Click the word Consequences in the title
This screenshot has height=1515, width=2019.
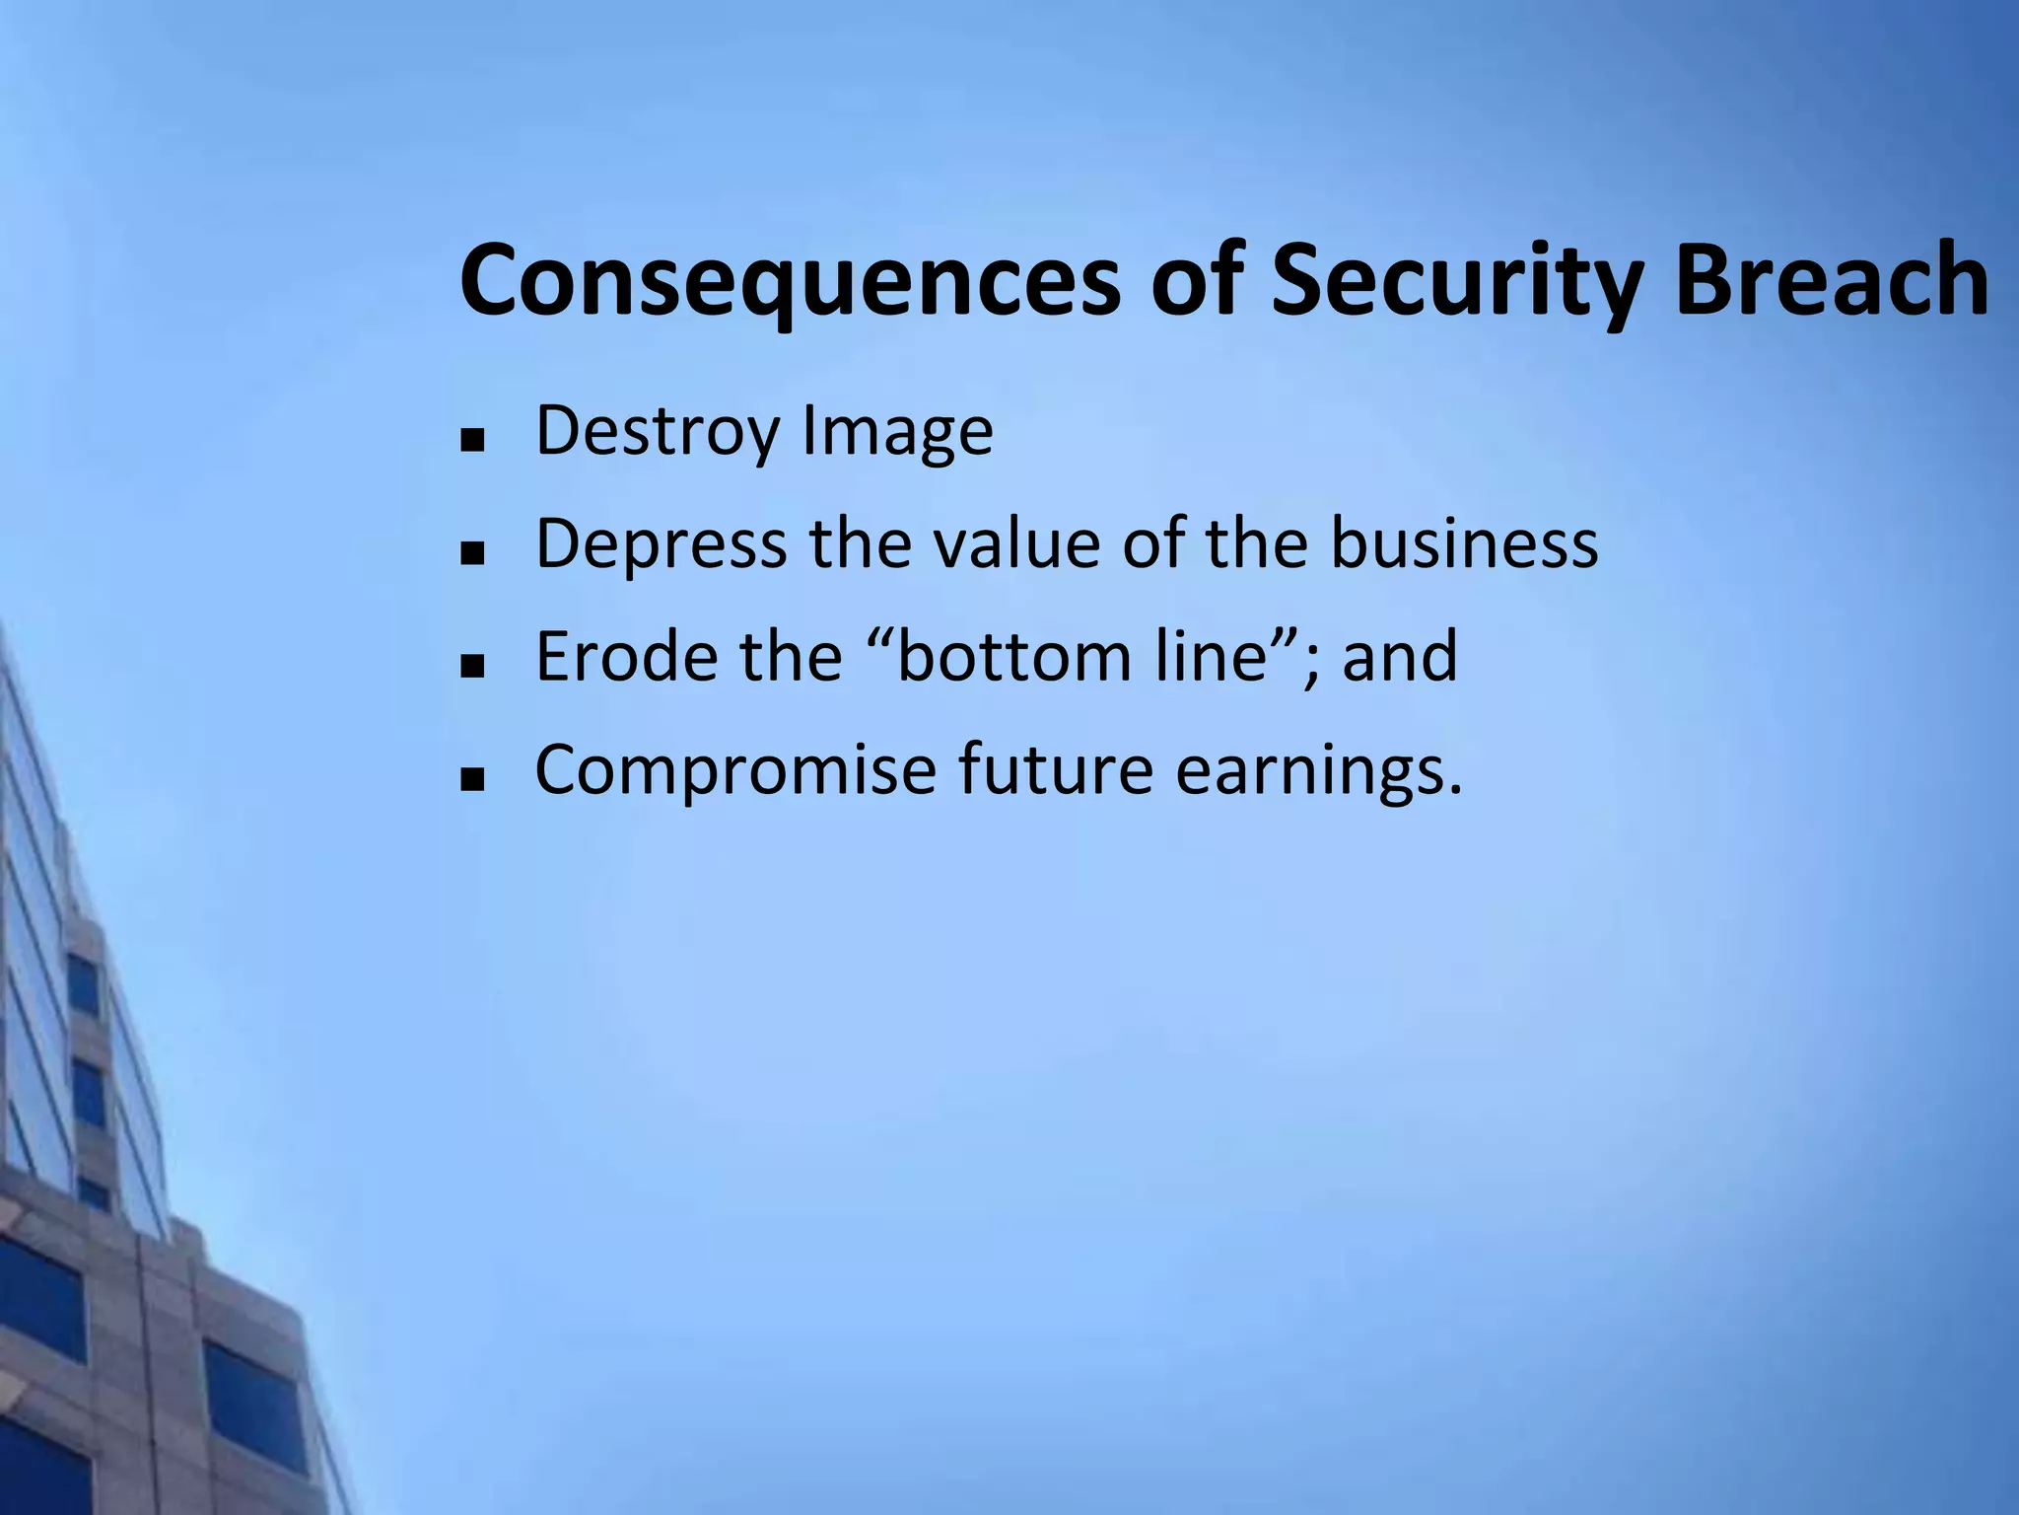[789, 281]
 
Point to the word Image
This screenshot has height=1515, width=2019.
[897, 432]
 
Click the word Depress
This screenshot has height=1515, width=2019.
[661, 544]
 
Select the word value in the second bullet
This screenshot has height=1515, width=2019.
[1016, 544]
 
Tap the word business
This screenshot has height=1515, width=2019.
[1464, 544]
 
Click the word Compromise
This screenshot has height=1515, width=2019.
[734, 770]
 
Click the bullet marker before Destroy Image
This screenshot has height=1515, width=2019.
[472, 440]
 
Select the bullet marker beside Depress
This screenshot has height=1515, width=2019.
[472, 553]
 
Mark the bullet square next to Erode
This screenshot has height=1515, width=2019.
[472, 666]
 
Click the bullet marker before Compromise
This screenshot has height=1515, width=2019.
[472, 779]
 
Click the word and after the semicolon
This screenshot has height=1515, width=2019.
[1399, 657]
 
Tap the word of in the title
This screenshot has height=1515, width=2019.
[1196, 281]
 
